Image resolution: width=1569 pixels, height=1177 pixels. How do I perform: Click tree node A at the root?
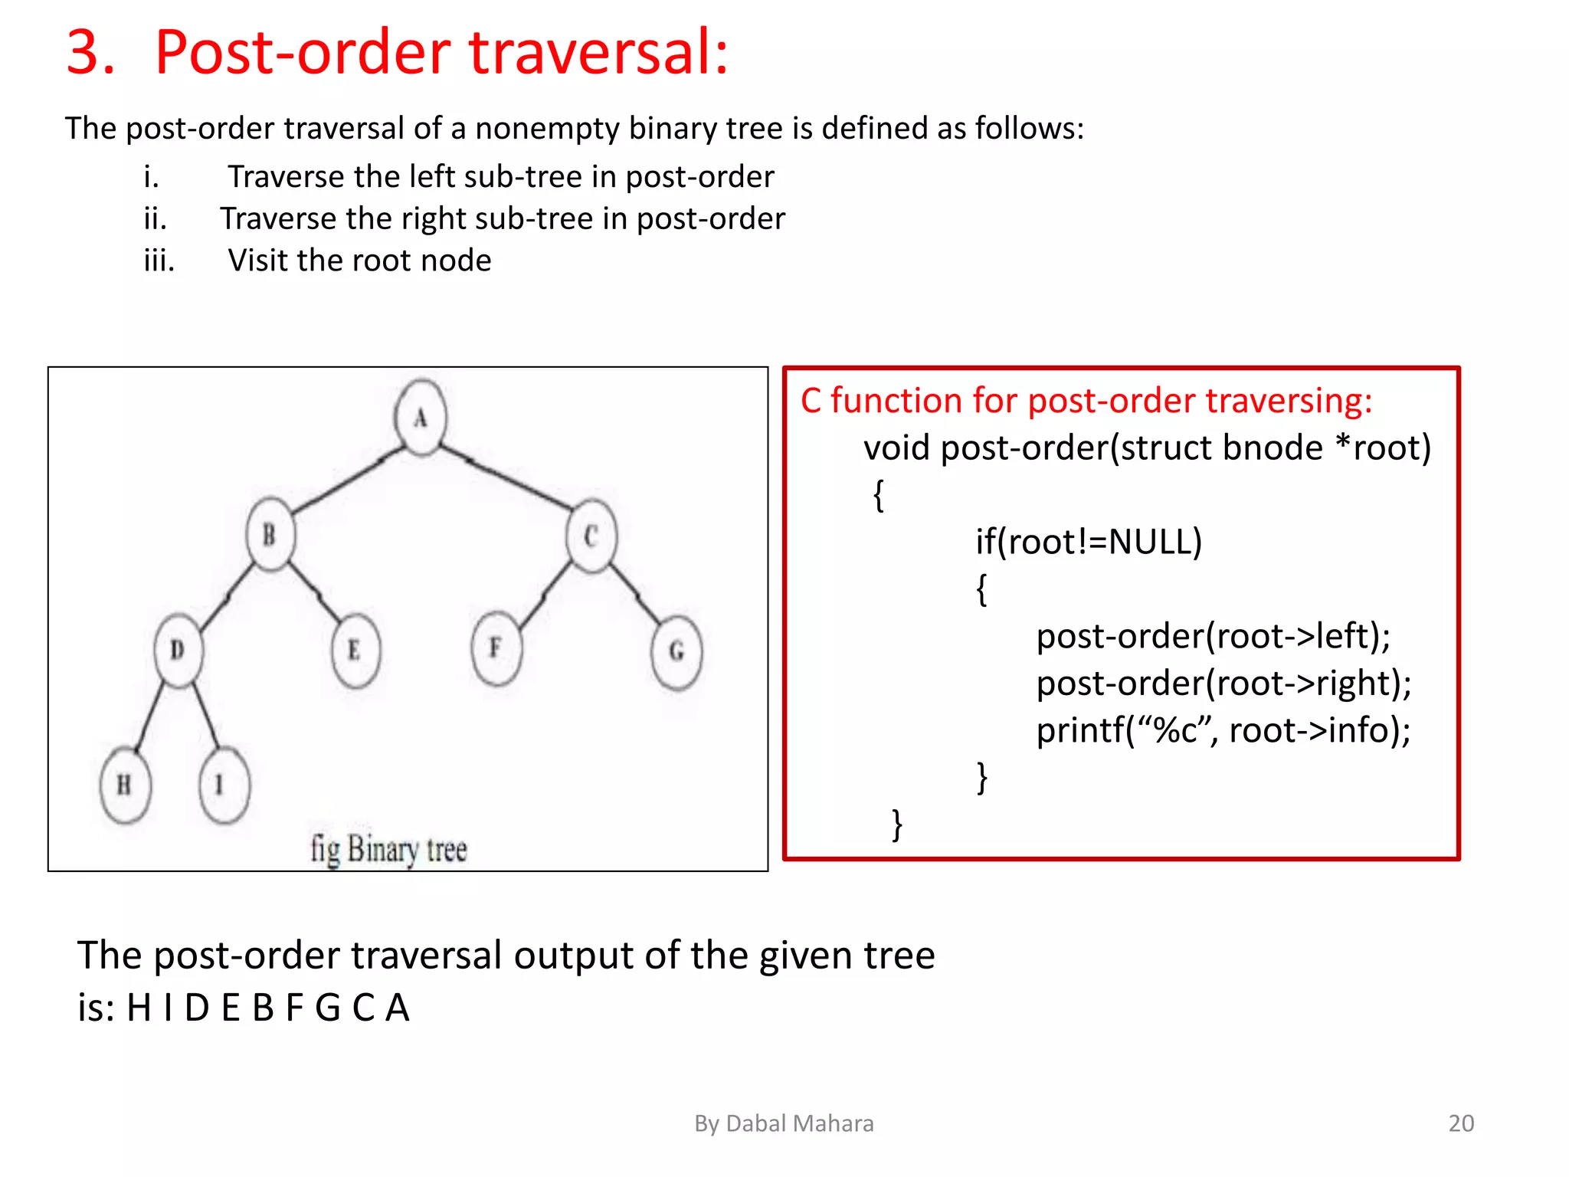tap(421, 418)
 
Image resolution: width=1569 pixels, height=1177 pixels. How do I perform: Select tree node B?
tap(270, 534)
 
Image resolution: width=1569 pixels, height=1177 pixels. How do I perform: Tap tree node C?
tap(591, 536)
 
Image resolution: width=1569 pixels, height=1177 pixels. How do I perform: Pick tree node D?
tap(179, 650)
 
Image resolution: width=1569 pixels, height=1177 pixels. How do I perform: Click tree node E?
tap(355, 651)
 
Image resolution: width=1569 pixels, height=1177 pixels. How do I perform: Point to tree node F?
tap(496, 648)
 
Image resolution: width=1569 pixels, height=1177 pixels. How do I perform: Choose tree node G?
tap(676, 652)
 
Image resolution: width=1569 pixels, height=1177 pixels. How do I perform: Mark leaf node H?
tap(125, 785)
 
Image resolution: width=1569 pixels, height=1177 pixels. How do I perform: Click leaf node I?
tap(223, 785)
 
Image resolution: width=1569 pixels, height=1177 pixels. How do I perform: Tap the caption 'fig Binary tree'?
tap(388, 849)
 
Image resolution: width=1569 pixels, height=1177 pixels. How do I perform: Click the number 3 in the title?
tap(90, 52)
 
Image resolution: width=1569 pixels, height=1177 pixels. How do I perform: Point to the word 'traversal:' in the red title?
tap(598, 52)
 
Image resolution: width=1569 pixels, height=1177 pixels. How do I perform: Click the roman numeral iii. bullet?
tap(159, 261)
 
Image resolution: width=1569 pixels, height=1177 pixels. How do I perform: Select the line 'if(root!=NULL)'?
tap(1088, 542)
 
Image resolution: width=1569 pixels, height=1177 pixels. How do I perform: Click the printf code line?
tap(1223, 729)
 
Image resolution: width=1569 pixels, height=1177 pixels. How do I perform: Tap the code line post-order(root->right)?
tap(1223, 683)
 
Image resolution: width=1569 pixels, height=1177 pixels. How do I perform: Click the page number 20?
tap(1460, 1123)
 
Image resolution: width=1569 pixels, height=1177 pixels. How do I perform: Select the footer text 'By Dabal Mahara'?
tap(784, 1123)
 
